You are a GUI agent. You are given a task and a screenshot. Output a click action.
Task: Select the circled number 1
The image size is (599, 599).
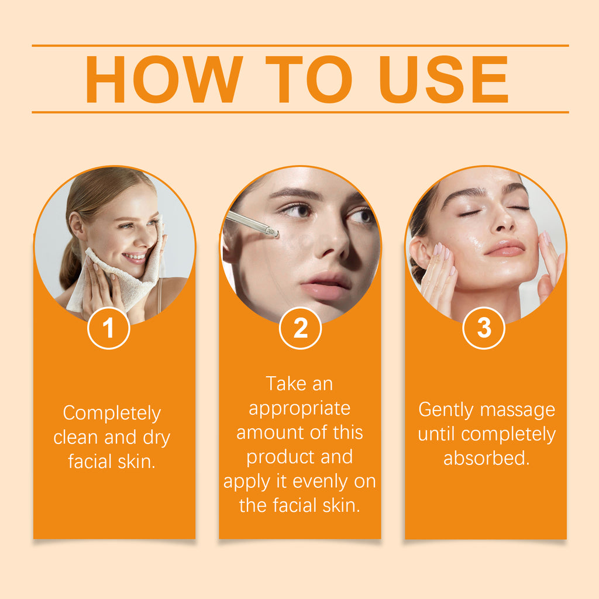click(108, 328)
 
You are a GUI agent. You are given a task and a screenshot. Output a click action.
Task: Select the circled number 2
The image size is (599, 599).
click(300, 328)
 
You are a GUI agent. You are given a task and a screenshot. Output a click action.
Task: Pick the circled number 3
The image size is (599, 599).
click(484, 328)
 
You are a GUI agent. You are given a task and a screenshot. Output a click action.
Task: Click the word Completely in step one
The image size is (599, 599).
click(112, 414)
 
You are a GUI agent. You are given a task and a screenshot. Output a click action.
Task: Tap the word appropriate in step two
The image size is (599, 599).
click(299, 408)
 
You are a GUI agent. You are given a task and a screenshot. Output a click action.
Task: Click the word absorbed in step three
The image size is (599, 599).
click(486, 459)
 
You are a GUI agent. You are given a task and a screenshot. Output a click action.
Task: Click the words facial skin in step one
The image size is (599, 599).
click(112, 462)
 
